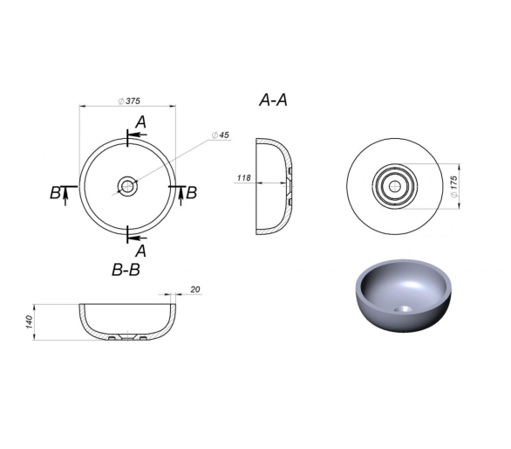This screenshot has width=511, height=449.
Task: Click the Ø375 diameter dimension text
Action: point(129,101)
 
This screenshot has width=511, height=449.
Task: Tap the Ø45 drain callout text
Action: point(221,135)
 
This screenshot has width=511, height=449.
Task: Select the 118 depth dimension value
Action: point(244,177)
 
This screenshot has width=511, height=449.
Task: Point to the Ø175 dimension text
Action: point(453,186)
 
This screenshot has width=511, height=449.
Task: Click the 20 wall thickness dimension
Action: point(195,289)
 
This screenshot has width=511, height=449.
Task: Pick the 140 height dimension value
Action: point(30,322)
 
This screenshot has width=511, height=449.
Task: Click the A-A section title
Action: point(273,100)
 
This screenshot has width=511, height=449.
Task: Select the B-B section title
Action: point(126,270)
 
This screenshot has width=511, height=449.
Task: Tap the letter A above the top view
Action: point(140,122)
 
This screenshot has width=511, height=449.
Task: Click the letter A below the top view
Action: point(140,251)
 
